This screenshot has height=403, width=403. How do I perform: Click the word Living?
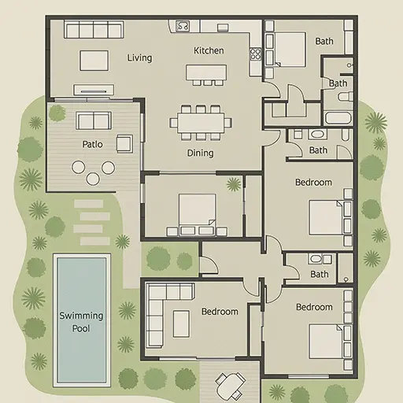[x=139, y=58]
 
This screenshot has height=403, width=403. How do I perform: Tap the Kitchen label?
[x=209, y=50]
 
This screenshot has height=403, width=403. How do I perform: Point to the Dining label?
[x=200, y=153]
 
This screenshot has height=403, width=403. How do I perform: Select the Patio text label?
[x=92, y=144]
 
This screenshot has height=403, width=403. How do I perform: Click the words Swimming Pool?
[x=81, y=322]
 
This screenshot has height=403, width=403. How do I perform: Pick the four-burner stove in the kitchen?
[x=255, y=54]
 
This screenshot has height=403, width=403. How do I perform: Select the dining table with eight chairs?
[x=201, y=123]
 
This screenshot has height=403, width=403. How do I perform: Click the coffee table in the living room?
[x=94, y=61]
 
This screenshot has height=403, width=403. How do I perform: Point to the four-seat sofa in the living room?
[x=94, y=30]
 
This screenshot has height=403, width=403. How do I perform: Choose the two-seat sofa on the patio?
[x=94, y=120]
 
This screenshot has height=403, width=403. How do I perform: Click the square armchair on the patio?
[x=124, y=144]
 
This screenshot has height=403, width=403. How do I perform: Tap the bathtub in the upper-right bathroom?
[x=338, y=118]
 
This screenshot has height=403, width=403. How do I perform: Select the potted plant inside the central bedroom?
[x=234, y=184]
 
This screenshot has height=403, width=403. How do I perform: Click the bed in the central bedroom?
[x=198, y=214]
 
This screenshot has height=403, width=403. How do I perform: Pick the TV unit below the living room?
[x=94, y=90]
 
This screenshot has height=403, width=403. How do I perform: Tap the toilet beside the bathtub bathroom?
[x=346, y=97]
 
